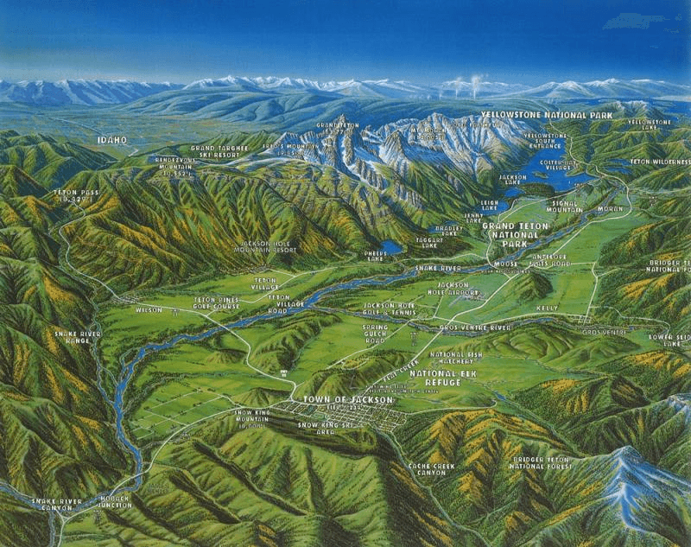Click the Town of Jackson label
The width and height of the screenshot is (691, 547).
(348, 399)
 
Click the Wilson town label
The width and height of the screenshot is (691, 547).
(149, 308)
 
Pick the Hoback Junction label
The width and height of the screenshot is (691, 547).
(113, 502)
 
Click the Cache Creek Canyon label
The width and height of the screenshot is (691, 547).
(423, 471)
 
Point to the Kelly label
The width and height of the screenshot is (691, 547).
(547, 308)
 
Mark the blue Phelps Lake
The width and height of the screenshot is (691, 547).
(391, 247)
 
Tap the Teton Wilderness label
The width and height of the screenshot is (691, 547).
(660, 162)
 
